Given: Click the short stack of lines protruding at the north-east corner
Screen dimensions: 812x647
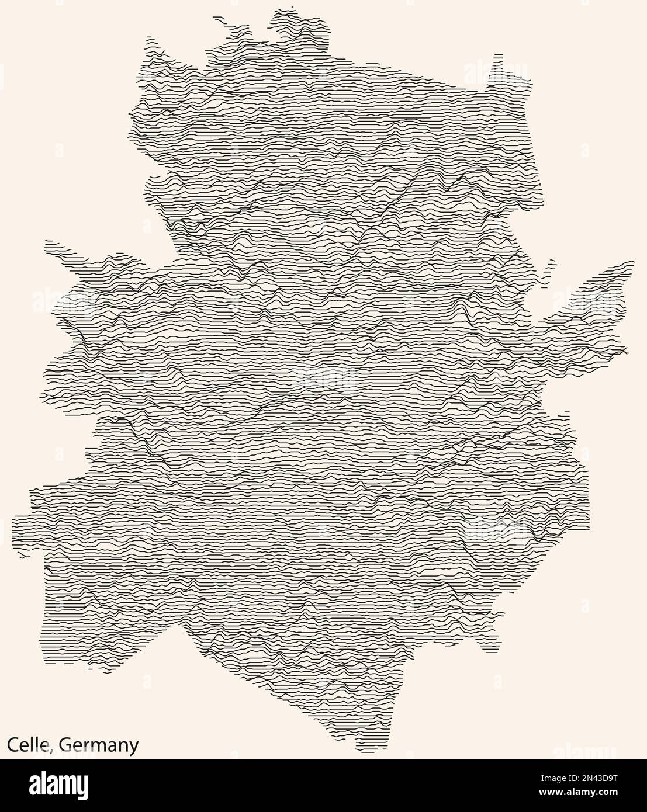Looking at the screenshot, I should [498, 57].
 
